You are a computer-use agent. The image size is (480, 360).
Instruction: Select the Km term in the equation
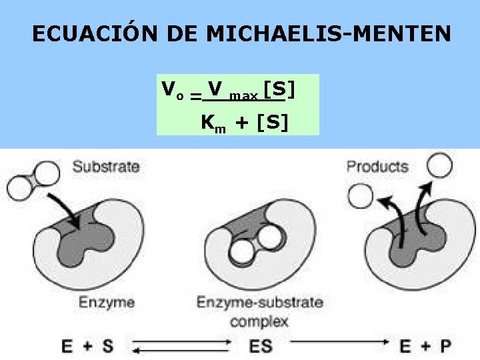212,123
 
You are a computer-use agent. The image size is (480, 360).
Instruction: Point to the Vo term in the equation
172,89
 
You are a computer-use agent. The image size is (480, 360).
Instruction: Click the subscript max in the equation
243,96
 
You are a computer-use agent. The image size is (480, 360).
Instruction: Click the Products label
377,166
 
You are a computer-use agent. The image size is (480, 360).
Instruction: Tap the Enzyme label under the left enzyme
107,302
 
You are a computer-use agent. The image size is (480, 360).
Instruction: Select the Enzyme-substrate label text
259,302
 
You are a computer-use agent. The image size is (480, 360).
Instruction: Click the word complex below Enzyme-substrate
259,321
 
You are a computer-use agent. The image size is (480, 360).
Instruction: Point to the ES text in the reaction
259,346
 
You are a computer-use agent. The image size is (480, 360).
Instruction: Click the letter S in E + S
107,346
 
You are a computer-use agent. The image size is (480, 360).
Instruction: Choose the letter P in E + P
445,346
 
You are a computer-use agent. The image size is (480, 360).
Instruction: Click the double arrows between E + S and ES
181,346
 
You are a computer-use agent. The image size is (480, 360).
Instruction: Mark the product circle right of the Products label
439,165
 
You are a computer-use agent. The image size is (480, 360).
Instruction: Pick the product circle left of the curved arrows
361,195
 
